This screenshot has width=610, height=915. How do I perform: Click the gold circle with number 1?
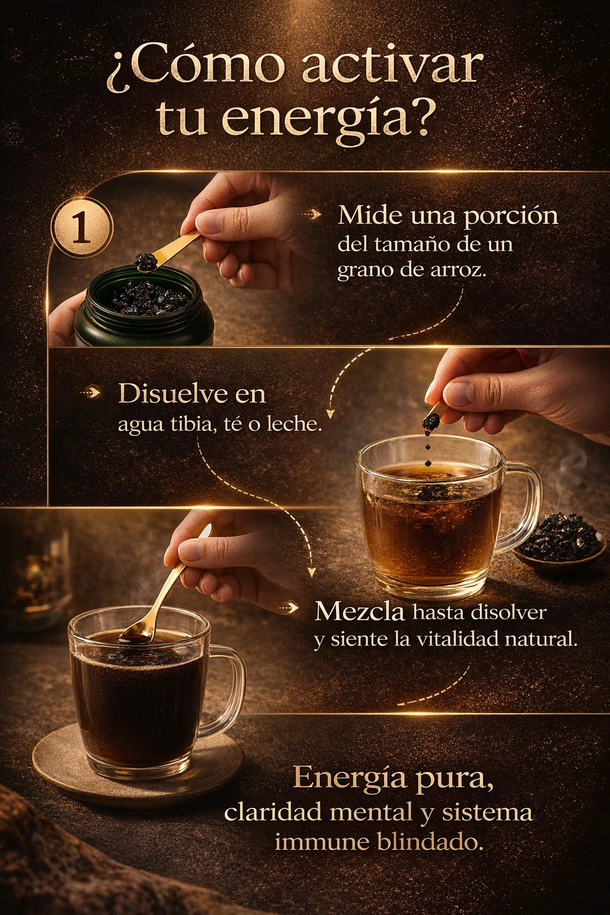[x=82, y=228]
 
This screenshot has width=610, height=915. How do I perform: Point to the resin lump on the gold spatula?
[x=146, y=260]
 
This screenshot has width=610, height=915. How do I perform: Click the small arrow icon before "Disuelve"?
[x=91, y=393]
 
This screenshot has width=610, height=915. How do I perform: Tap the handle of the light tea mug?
[x=521, y=507]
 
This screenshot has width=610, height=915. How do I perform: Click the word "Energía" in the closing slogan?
[x=350, y=779]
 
